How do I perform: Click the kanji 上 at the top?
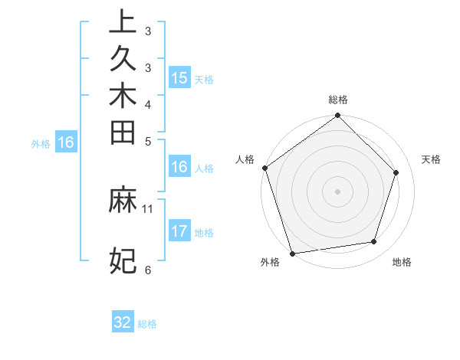(123, 22)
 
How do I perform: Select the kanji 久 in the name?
(123, 59)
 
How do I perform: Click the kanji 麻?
(123, 201)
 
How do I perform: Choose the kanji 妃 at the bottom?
(123, 261)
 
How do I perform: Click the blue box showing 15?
(179, 78)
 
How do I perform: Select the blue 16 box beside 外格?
(66, 142)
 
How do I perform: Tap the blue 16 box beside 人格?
(179, 168)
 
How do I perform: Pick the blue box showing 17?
(179, 232)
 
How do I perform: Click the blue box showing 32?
(123, 322)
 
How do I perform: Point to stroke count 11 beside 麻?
(148, 208)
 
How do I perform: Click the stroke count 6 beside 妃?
(148, 269)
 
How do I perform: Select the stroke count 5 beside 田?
(148, 141)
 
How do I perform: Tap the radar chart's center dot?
(337, 191)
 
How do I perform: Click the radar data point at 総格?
(337, 116)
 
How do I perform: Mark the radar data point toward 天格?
(396, 172)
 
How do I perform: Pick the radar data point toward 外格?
(292, 254)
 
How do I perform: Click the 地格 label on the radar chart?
(402, 263)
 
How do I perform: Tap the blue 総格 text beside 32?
(147, 324)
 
